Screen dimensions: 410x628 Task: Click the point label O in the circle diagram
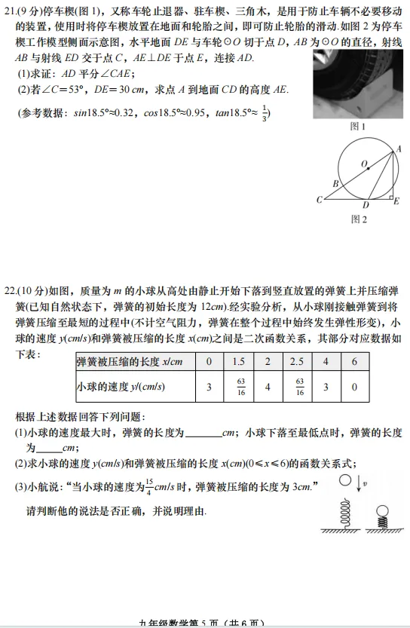[x=364, y=164]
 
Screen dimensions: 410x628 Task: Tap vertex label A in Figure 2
[x=399, y=149]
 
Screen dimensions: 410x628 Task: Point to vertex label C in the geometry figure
[x=319, y=199]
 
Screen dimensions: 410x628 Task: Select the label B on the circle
[x=335, y=183]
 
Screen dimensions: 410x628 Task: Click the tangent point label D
[x=366, y=205]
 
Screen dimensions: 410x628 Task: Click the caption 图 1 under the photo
[x=358, y=127]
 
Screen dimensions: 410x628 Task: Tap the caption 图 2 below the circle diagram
[x=359, y=219]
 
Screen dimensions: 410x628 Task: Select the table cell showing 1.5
[x=239, y=361]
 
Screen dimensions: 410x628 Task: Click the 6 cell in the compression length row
[x=354, y=361]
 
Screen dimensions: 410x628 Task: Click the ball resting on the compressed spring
[x=382, y=507]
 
